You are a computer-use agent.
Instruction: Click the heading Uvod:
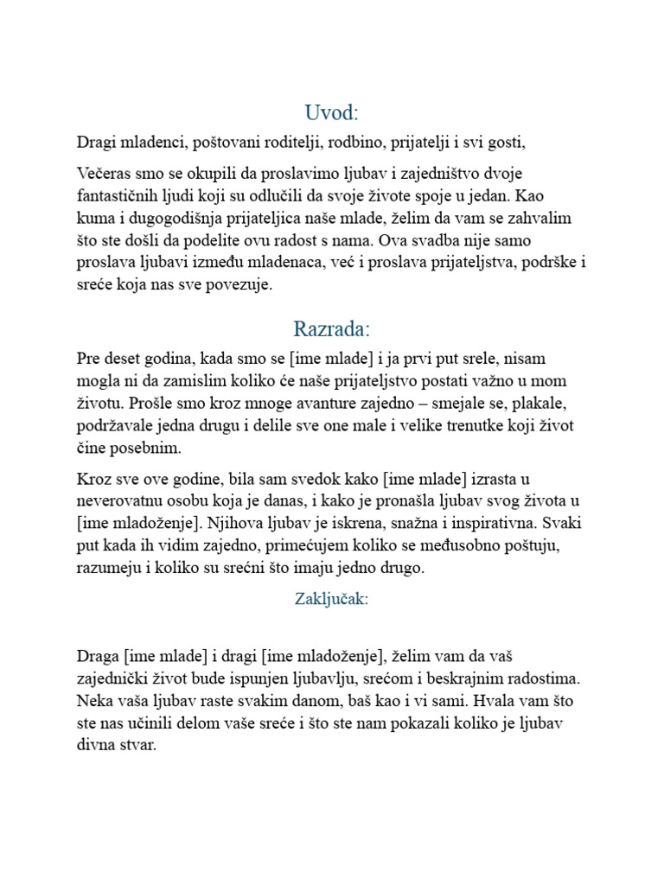(332, 113)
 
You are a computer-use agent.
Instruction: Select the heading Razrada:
(332, 329)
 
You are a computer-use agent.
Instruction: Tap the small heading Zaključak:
(332, 600)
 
